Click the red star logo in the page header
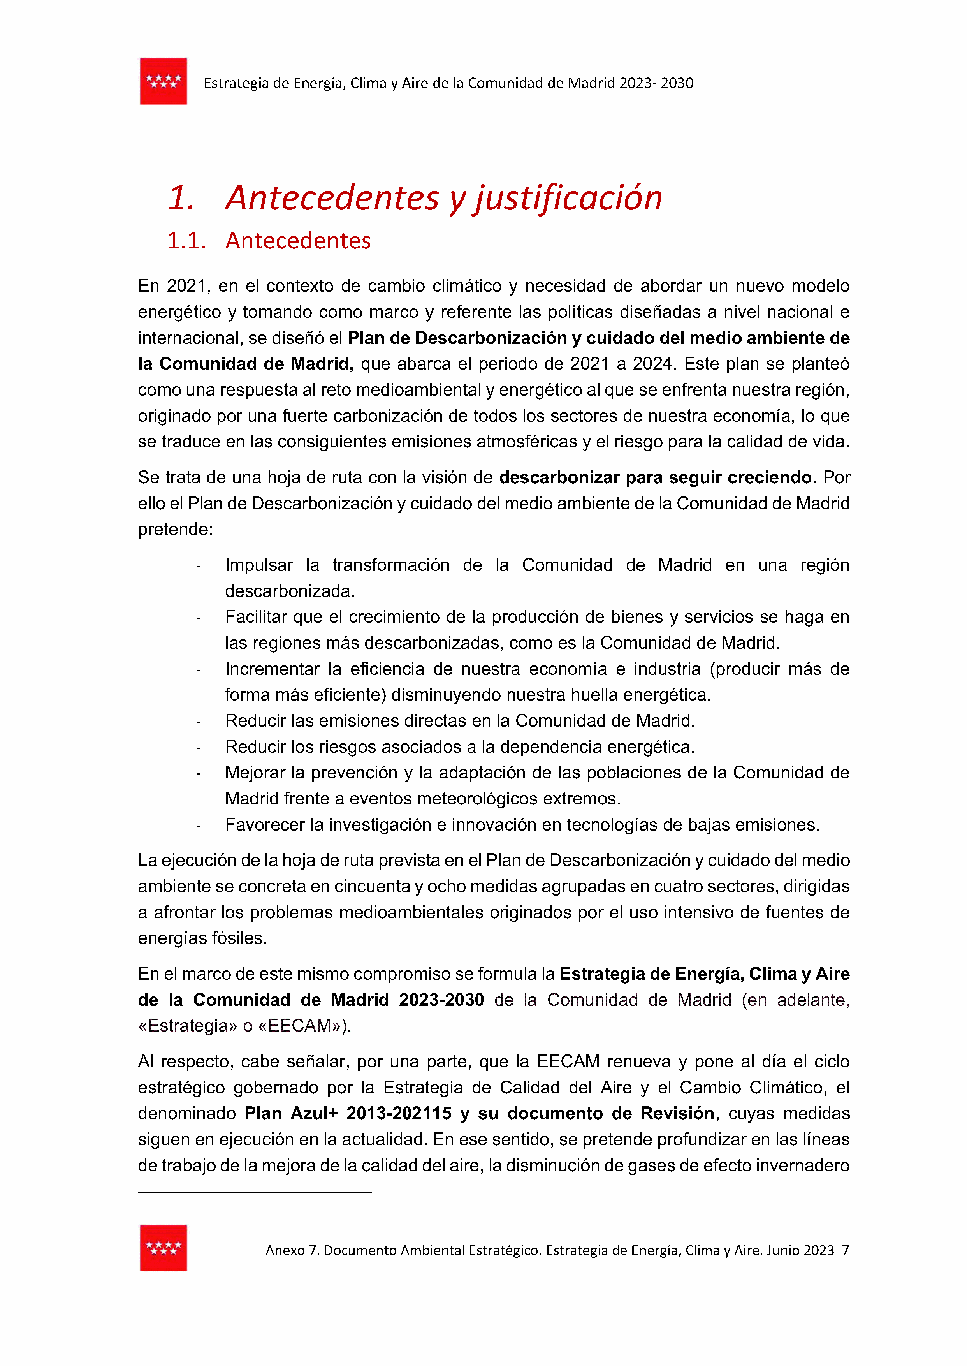tap(163, 82)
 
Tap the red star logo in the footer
tap(163, 1248)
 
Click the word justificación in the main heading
tap(568, 198)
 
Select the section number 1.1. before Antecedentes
tap(186, 241)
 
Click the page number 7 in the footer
tap(845, 1250)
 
